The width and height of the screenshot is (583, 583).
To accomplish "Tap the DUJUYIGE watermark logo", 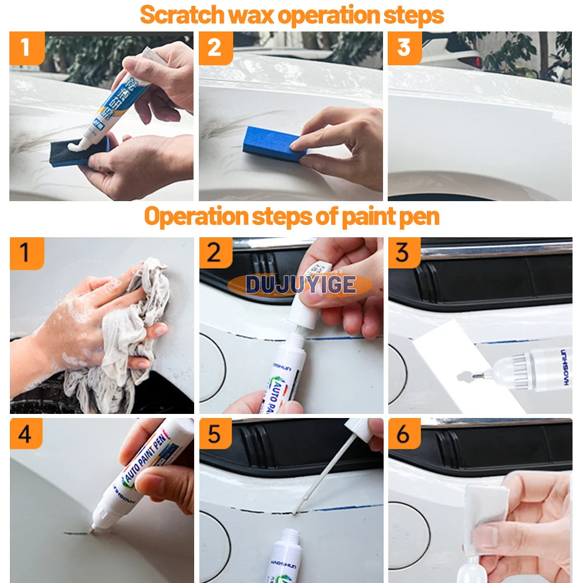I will pyautogui.click(x=300, y=285).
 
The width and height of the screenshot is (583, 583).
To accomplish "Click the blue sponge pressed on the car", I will pyautogui.click(x=274, y=143).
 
